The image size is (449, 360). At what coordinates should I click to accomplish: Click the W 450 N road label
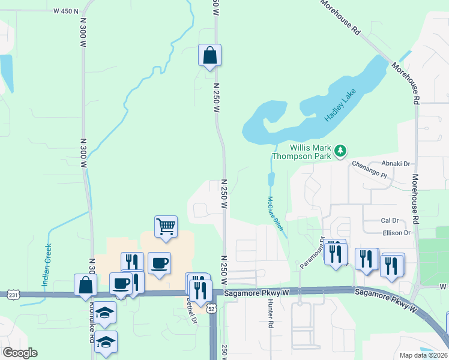65,11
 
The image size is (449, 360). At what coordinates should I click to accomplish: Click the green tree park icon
341,150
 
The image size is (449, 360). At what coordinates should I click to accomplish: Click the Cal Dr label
390,221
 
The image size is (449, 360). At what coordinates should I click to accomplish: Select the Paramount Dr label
312,252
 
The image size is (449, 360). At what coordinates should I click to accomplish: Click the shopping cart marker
166,227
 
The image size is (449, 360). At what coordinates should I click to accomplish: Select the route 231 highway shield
13,295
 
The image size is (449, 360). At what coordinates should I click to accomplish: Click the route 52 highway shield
211,308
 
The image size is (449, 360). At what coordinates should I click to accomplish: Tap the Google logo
20,353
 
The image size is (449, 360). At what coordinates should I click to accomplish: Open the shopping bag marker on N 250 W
209,55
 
